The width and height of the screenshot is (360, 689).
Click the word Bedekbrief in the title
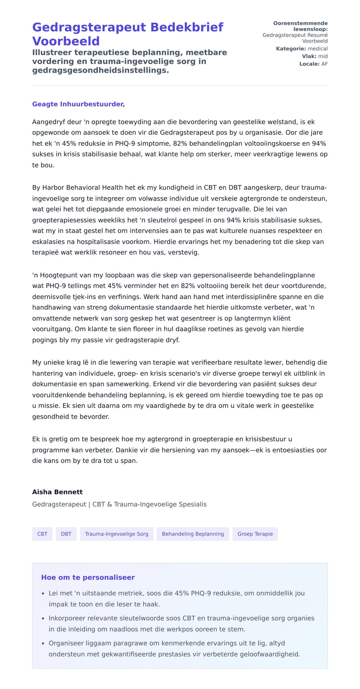187,27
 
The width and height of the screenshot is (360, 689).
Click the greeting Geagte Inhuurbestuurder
78,104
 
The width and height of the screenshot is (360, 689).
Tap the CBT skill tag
42,534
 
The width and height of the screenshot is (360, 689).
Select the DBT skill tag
66,534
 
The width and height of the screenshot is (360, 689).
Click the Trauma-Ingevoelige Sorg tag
116,534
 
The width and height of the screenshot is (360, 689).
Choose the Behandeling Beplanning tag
193,534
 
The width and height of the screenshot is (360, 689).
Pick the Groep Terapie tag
255,534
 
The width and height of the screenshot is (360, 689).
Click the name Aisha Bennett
57,492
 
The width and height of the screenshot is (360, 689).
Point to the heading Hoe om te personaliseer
88,577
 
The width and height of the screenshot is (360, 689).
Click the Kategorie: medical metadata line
301,49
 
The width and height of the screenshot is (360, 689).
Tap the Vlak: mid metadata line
314,56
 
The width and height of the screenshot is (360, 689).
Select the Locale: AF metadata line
313,64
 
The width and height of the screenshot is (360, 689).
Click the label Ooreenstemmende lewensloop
301,26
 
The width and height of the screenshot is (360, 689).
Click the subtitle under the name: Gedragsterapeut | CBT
119,504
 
